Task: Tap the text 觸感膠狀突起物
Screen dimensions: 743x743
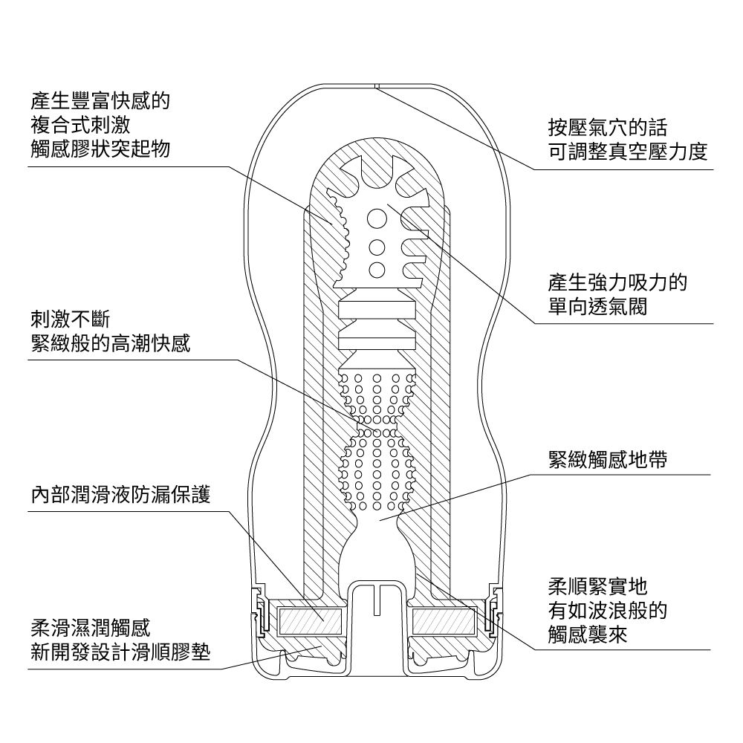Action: (x=100, y=149)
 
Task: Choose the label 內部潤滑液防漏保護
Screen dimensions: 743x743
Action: (x=120, y=494)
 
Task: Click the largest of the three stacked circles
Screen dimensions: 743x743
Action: (x=377, y=218)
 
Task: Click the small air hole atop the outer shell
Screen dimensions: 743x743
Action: (x=377, y=86)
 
